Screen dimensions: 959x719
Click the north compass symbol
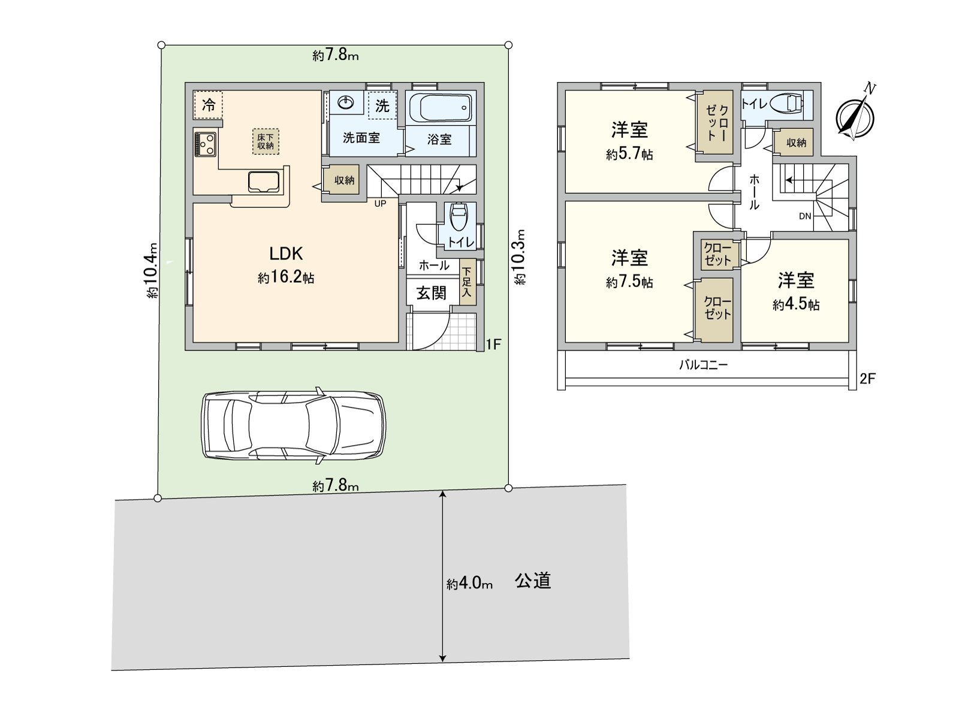[x=855, y=116]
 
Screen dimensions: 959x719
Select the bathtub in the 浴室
[x=440, y=108]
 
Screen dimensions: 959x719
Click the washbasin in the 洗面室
[x=346, y=103]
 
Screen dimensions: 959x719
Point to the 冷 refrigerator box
[x=209, y=105]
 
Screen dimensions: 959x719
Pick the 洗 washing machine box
[x=382, y=105]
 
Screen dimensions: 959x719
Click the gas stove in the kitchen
[x=206, y=144]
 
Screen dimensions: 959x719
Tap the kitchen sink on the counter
[x=264, y=182]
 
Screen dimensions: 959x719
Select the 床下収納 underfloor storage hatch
[x=266, y=141]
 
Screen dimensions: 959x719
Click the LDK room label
[x=286, y=253]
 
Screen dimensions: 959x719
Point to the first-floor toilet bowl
[x=458, y=217]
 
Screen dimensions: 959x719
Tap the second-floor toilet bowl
[x=786, y=104]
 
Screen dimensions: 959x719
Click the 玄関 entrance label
[x=431, y=293]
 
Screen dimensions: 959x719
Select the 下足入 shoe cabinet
[x=467, y=282]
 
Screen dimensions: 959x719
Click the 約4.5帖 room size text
[x=795, y=304]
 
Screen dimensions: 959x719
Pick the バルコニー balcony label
[x=704, y=365]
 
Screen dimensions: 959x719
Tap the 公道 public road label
[x=533, y=581]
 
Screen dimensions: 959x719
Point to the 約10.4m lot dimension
[x=152, y=270]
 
